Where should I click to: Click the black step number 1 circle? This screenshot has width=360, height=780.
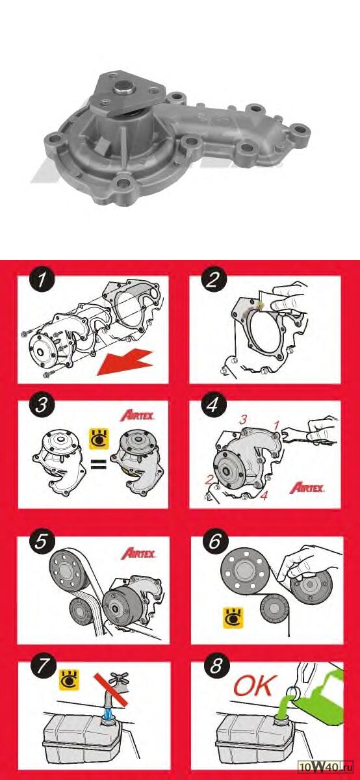point(42,279)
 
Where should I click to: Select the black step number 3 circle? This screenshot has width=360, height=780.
point(42,406)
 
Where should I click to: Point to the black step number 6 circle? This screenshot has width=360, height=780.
point(215,541)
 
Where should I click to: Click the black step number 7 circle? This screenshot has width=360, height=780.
point(43,666)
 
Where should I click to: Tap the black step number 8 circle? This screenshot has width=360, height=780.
point(216,666)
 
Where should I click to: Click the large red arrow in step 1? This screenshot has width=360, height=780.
point(125,363)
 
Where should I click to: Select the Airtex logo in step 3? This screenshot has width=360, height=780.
point(138,415)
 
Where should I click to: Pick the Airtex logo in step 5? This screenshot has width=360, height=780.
point(138,553)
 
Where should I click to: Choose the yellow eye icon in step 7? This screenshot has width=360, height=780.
point(70,680)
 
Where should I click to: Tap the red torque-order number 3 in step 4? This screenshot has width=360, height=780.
point(242,420)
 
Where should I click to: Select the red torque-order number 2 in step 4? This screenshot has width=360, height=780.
point(209,480)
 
